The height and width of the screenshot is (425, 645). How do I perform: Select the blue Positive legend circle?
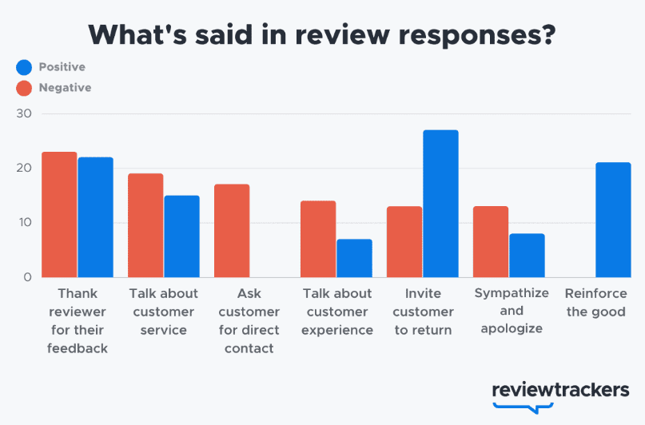coord(24,67)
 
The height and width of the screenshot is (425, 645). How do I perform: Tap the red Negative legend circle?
coord(24,88)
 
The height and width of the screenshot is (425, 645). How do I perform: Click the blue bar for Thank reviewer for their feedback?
coord(95,217)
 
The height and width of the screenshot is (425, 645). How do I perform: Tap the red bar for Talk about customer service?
coord(145,225)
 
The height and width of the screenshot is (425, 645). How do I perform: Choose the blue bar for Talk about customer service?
coord(181,236)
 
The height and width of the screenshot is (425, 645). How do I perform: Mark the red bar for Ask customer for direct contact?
coord(232,231)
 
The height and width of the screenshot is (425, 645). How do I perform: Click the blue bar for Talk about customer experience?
coord(354,258)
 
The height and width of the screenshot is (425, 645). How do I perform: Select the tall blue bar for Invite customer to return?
coord(440,204)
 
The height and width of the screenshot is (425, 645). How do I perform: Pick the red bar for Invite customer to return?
coord(404,242)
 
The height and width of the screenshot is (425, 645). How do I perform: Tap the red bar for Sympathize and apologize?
coord(491,242)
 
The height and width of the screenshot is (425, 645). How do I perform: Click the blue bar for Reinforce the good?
coord(613,220)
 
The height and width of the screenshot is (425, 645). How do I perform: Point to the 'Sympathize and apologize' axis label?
coord(512,311)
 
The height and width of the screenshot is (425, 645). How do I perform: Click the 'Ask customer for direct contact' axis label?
coord(249,320)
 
